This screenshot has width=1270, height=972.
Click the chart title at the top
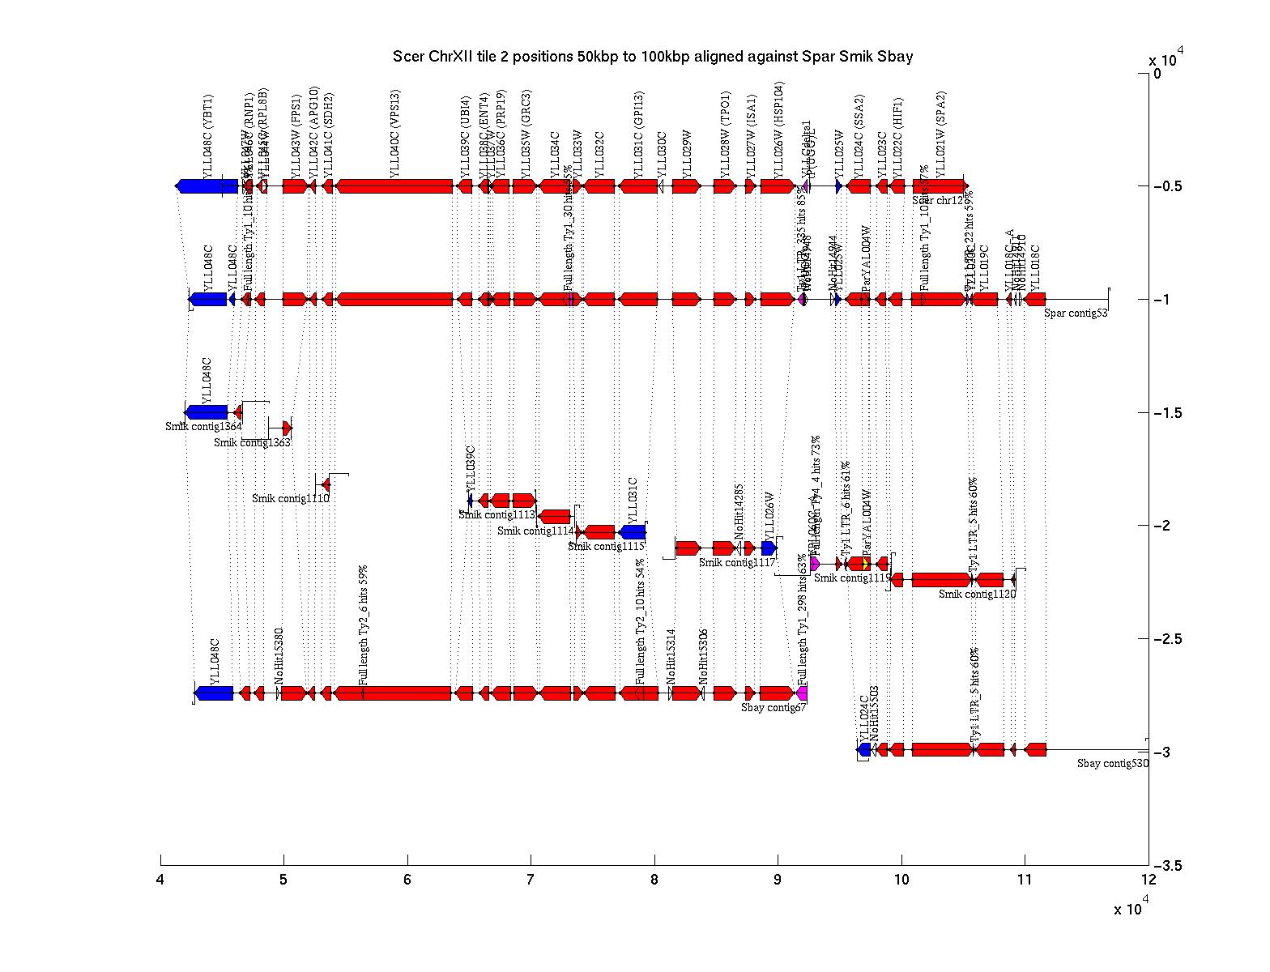point(653,57)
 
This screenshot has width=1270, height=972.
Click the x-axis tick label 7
point(531,880)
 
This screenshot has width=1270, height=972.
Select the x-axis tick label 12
point(1148,880)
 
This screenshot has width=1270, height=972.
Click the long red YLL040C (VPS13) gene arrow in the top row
point(394,186)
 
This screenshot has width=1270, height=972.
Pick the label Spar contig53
point(1076,313)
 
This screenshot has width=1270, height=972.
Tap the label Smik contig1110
point(291,499)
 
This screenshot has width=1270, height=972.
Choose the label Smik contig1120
point(977,595)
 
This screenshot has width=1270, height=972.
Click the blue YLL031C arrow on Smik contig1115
point(633,532)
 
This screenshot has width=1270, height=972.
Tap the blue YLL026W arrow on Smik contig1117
point(769,548)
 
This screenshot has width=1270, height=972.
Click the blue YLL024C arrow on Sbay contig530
point(864,750)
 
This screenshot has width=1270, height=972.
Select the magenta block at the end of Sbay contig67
point(802,693)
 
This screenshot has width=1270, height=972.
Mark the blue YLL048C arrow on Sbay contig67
point(215,693)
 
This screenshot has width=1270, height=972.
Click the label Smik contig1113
point(496,515)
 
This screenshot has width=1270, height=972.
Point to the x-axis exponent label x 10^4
point(1131,910)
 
